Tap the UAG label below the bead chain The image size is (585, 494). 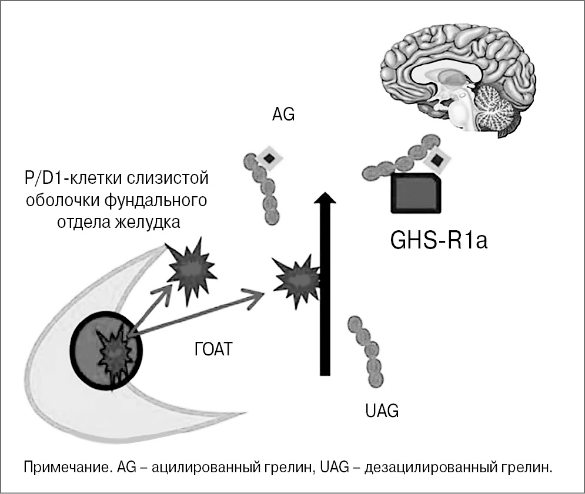pos(382,410)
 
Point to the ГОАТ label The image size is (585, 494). pos(213,351)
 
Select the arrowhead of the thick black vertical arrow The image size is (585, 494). pos(323,200)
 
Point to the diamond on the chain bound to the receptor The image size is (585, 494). pos(437,159)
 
